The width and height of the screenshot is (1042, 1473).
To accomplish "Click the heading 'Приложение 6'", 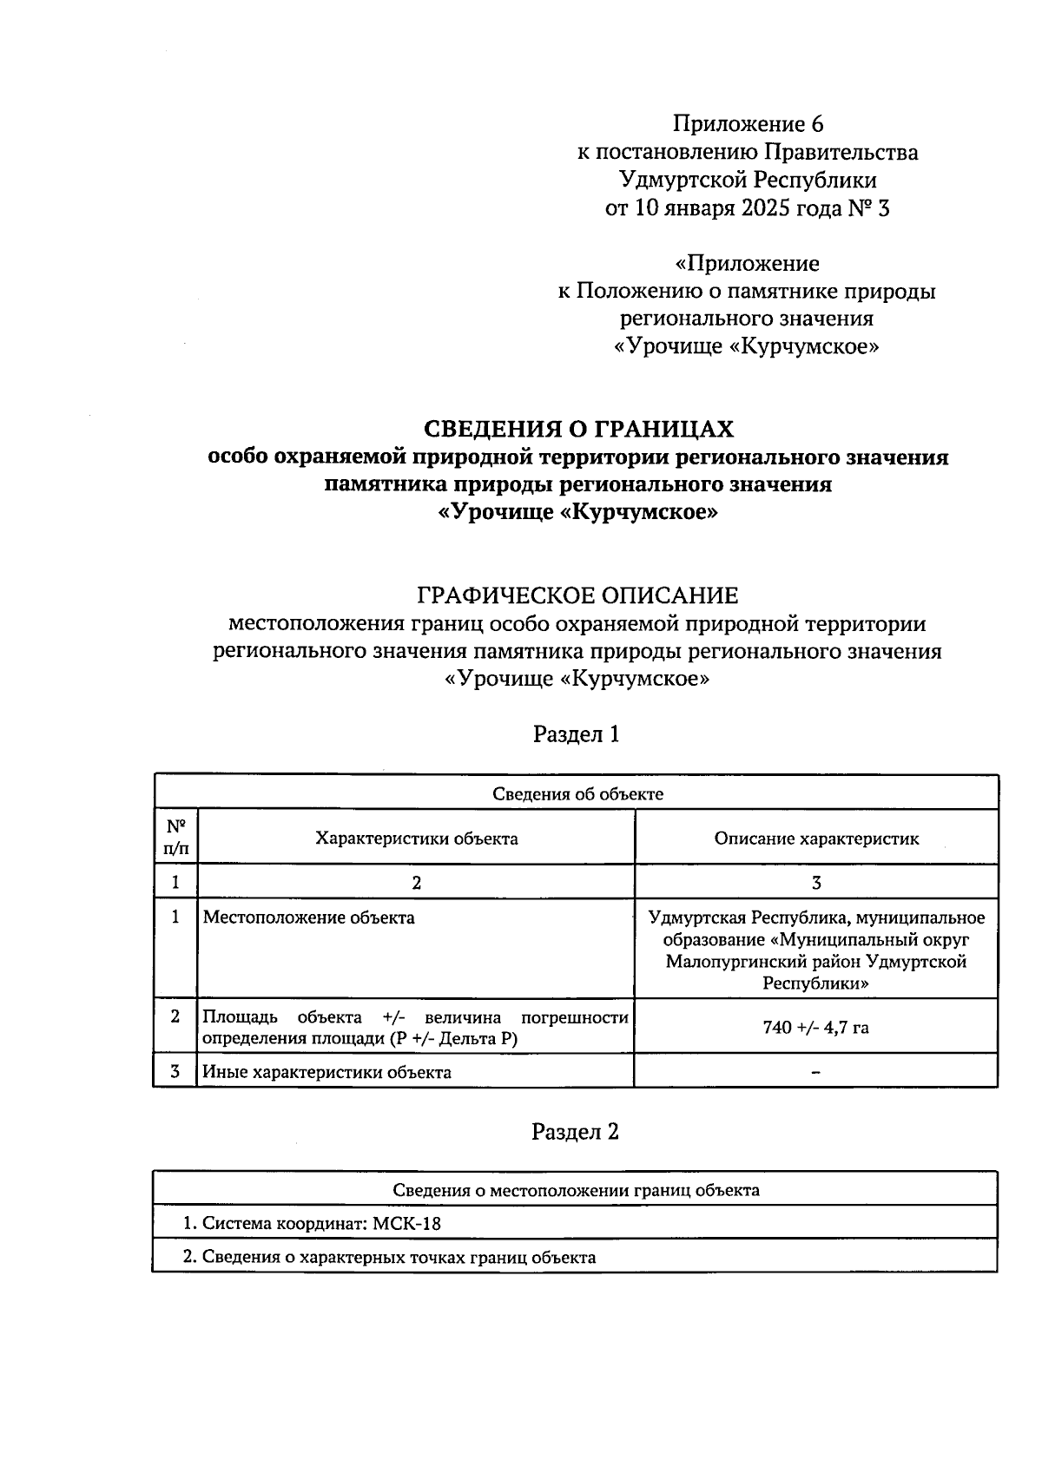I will click(747, 124).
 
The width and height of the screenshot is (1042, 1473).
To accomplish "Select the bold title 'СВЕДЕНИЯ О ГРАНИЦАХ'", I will click(577, 429).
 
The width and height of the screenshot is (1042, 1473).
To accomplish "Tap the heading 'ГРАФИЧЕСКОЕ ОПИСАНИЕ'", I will click(577, 595).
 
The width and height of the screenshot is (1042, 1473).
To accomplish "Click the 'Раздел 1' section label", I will click(576, 734).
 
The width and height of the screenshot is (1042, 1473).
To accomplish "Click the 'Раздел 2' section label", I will click(576, 1132).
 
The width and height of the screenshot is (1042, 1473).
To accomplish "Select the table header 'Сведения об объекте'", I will click(577, 793).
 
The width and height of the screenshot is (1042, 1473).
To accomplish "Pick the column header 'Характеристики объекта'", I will click(416, 838).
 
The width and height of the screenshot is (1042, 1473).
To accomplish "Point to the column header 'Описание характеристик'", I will click(816, 838).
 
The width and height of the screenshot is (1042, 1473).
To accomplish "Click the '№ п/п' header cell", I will click(175, 838).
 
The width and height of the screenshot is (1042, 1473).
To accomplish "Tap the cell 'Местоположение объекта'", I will click(308, 917).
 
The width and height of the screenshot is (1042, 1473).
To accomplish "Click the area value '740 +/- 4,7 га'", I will click(815, 1028).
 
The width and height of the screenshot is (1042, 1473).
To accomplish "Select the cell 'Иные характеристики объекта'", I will click(326, 1072).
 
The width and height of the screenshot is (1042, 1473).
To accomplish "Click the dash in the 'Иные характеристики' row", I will click(815, 1073).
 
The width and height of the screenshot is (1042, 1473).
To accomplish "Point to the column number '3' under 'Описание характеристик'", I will click(815, 883).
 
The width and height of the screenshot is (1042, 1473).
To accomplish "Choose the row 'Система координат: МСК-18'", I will click(318, 1224).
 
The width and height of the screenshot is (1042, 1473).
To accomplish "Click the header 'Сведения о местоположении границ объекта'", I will click(576, 1190).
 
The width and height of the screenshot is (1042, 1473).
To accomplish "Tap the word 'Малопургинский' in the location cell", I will click(729, 962).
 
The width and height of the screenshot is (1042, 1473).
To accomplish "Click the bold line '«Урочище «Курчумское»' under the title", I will click(577, 512).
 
